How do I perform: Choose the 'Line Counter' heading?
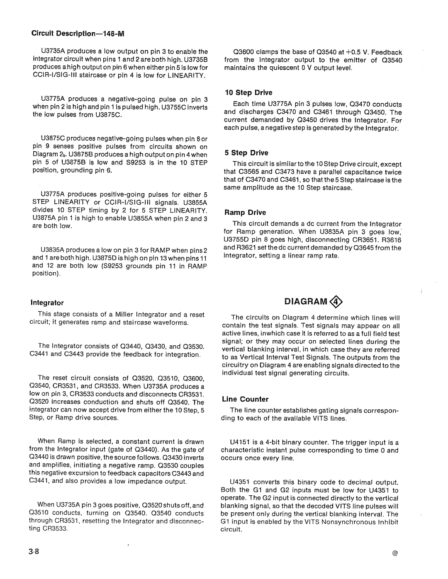pos(245,399)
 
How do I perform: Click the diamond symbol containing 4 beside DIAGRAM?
pos(337,300)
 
